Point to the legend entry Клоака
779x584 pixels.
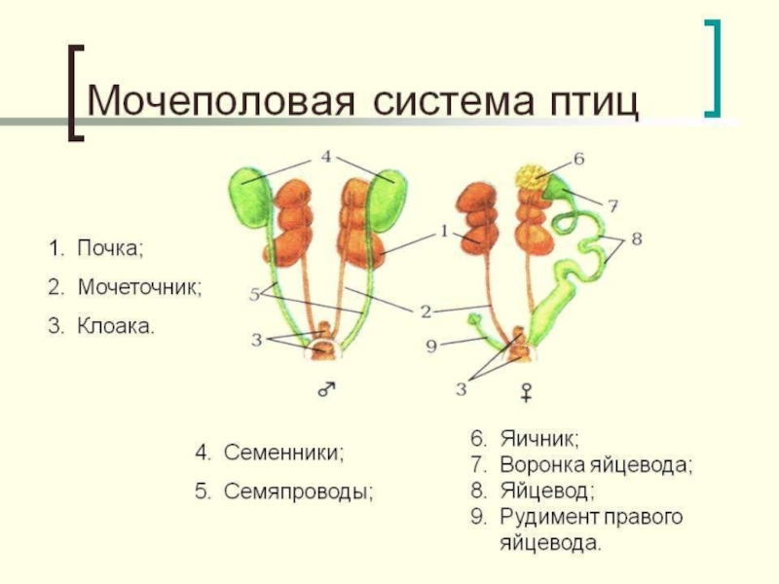pos(115,326)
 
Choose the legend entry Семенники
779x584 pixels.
pos(284,453)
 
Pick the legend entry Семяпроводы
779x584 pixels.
pos(299,492)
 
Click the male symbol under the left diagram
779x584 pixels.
pos(326,388)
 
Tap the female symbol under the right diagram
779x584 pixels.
pos(527,391)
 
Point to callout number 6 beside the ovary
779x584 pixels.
pos(577,158)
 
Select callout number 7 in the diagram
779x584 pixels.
pos(612,206)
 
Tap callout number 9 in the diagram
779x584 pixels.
pos(431,345)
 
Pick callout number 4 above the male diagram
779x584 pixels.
pos(326,156)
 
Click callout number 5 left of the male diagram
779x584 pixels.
pos(255,293)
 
